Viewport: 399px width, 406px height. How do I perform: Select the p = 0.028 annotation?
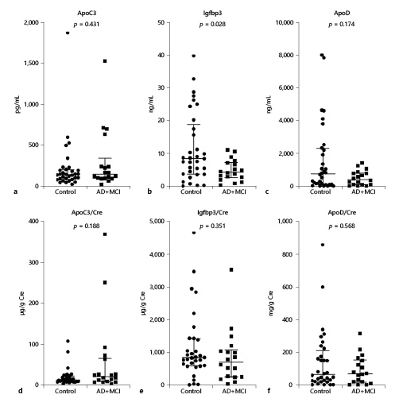(216, 27)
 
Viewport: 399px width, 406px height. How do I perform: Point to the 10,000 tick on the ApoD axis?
(297, 22)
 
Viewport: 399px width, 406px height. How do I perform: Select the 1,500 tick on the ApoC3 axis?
(36, 64)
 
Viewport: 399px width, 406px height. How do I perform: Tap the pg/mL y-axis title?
(10, 104)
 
